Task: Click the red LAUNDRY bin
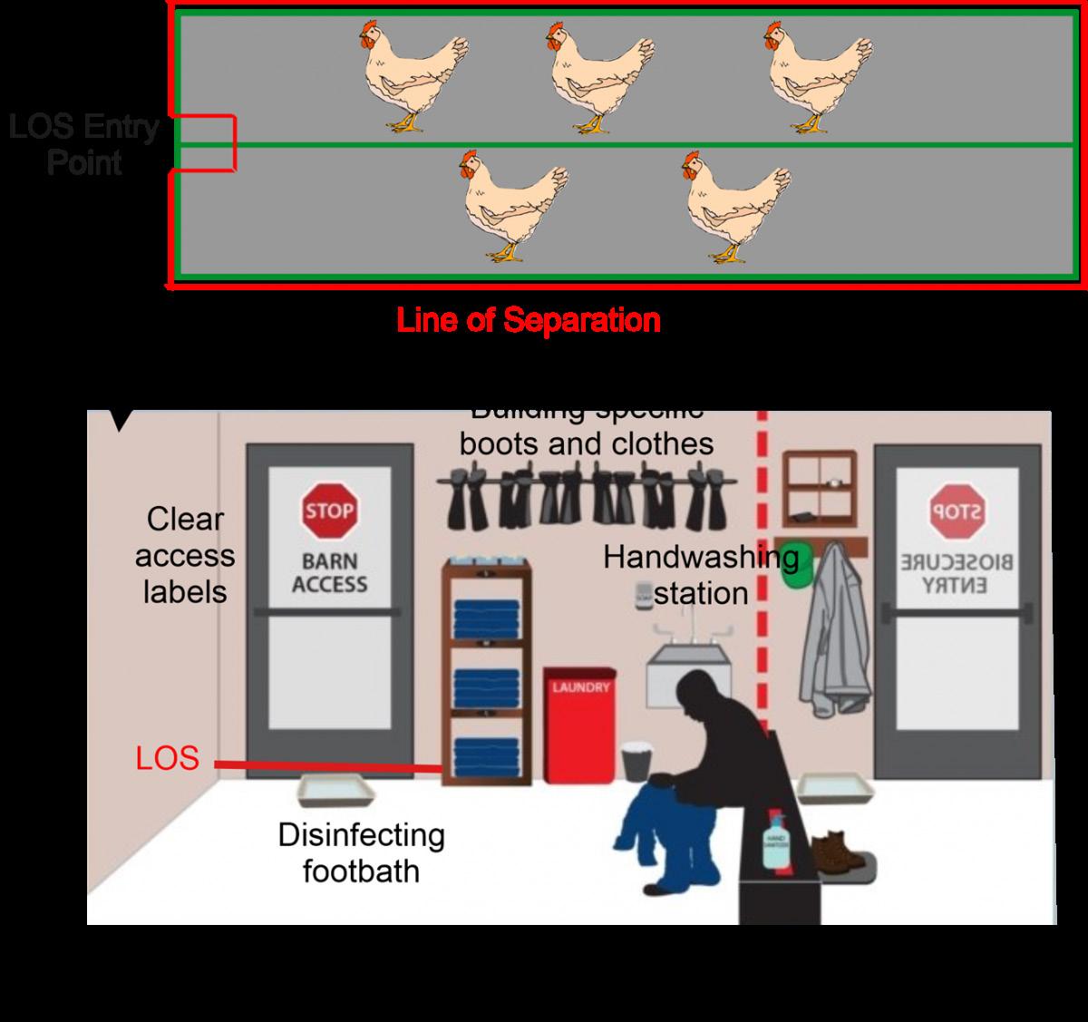click(579, 726)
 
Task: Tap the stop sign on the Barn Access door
click(328, 511)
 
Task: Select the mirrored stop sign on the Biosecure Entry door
click(955, 511)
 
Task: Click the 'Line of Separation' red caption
click(529, 320)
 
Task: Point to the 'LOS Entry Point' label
click(84, 145)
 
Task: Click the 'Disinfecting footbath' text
click(361, 852)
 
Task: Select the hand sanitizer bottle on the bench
click(775, 842)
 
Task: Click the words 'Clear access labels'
click(185, 555)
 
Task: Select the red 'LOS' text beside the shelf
click(167, 758)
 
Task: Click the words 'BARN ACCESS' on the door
click(329, 573)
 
